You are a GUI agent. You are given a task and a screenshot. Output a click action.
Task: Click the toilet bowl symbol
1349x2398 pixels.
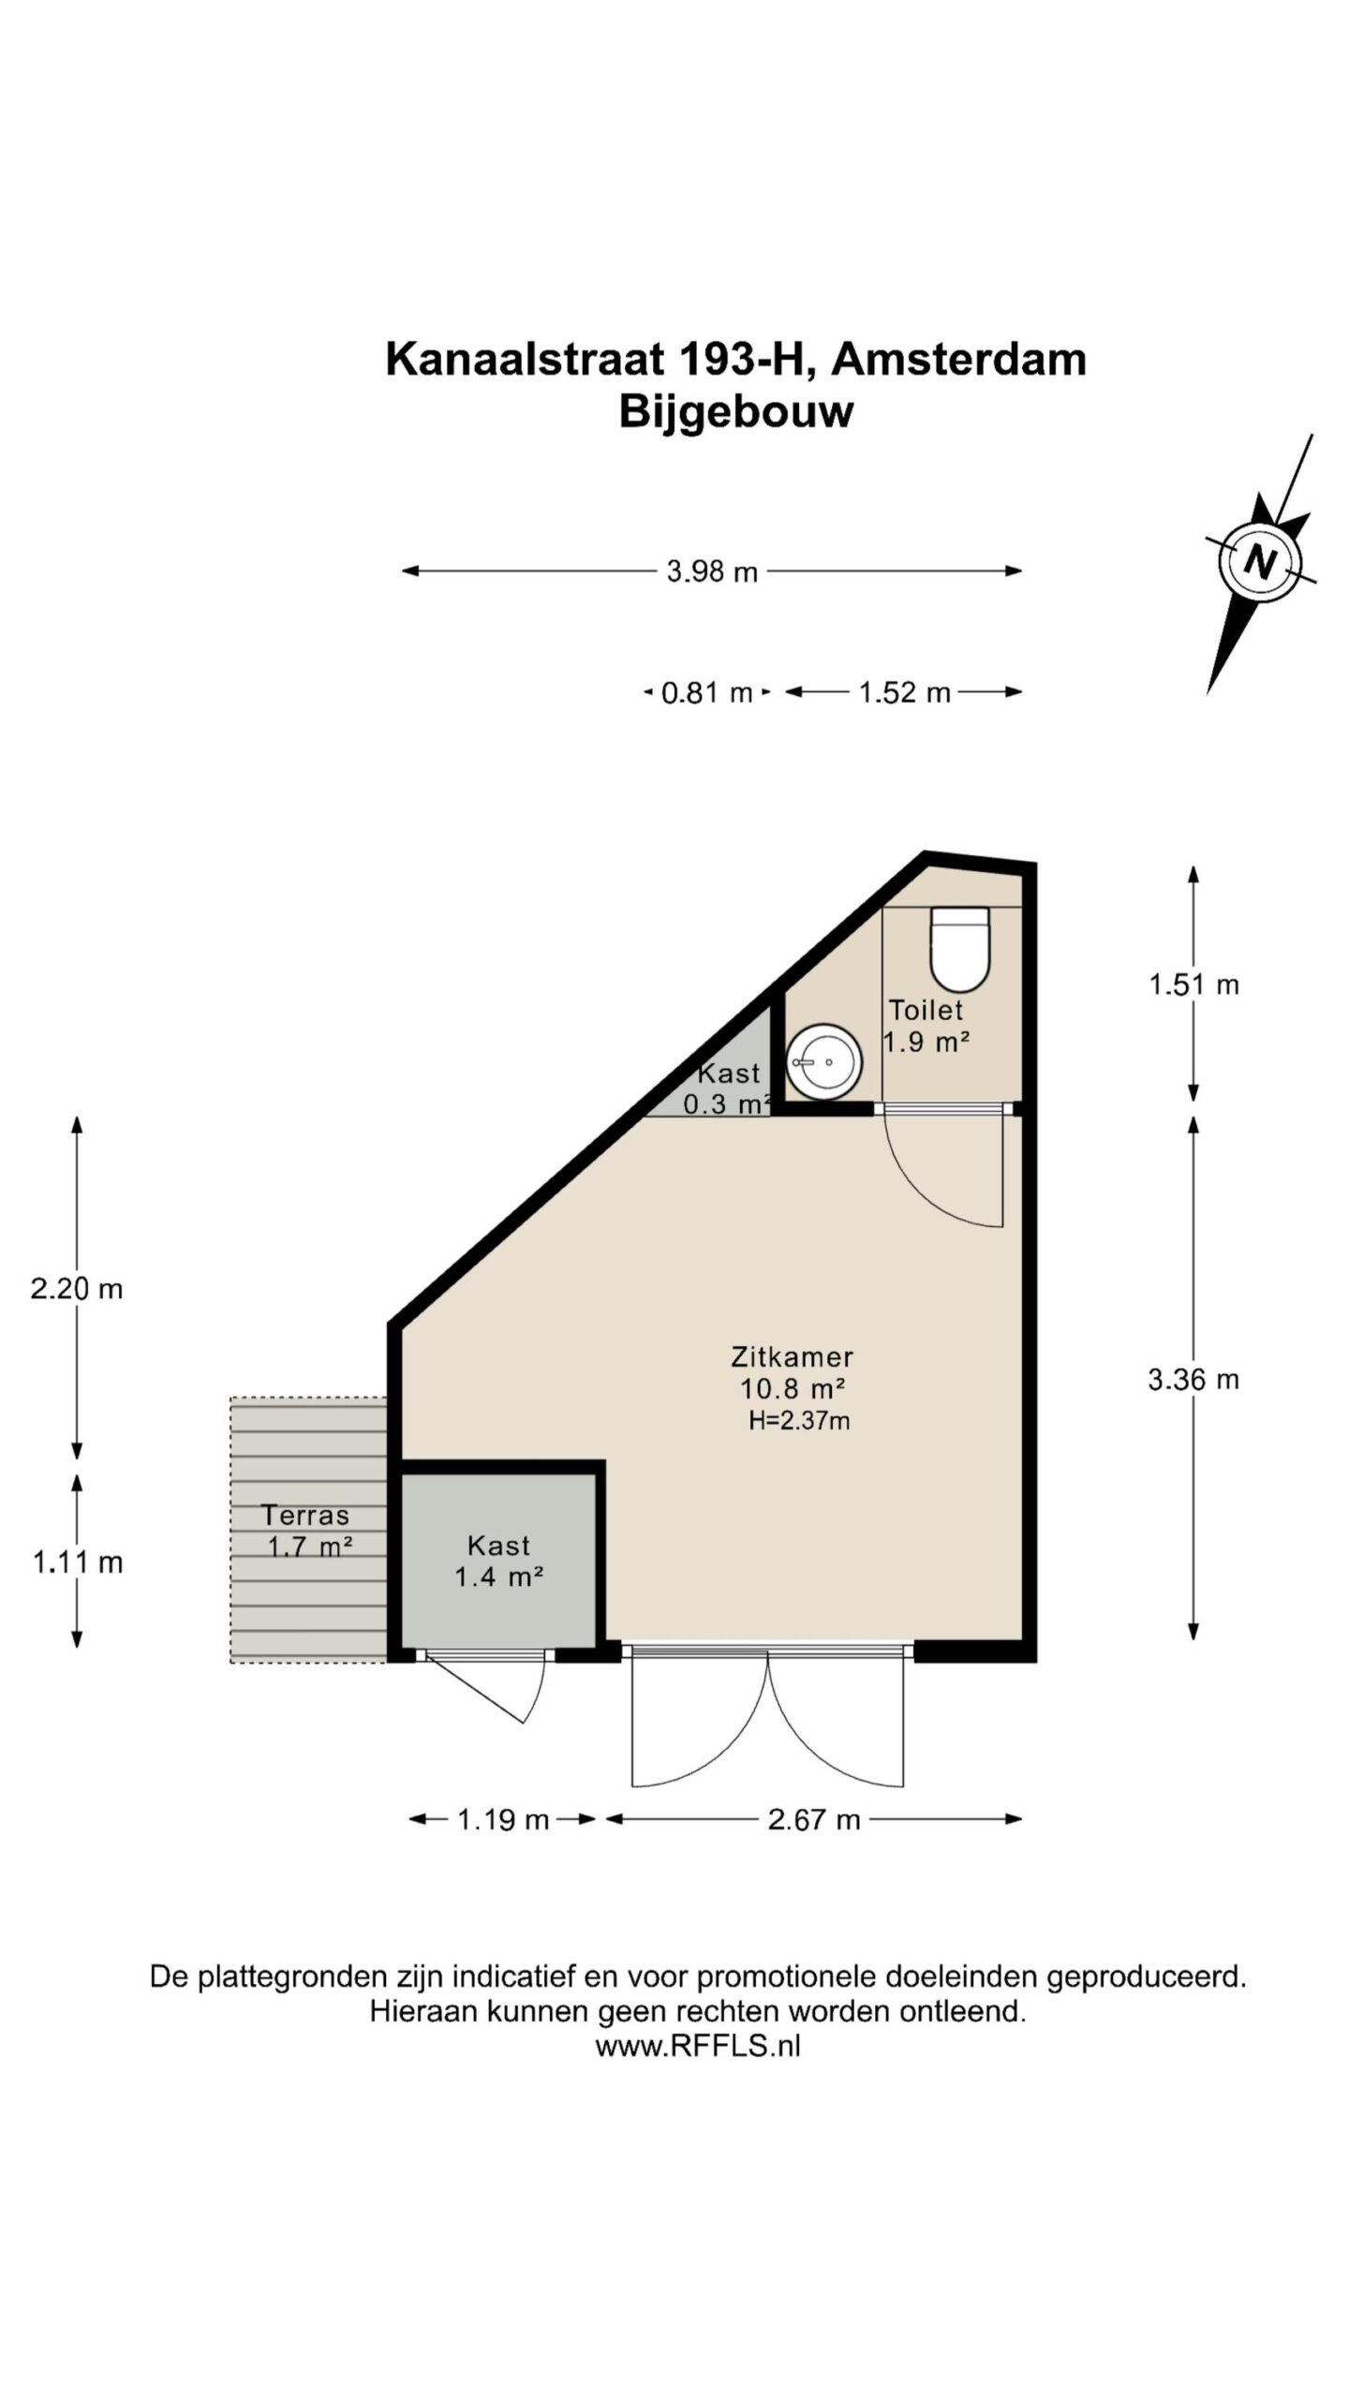pos(959,948)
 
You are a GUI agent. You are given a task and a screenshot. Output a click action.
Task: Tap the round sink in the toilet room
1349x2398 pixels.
pos(823,1061)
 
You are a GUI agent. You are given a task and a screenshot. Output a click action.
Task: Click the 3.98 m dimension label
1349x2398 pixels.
pos(712,571)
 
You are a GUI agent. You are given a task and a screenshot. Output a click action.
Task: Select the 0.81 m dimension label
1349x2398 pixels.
pos(707,693)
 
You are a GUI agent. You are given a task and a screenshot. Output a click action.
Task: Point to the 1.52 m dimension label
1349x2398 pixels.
pos(905,693)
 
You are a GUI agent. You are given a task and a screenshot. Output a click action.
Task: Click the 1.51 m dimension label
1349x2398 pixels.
pos(1194,984)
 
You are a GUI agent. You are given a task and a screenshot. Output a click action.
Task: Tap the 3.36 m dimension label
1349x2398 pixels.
pos(1193,1379)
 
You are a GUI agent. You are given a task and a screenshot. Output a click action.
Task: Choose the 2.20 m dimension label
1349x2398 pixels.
pos(77,1289)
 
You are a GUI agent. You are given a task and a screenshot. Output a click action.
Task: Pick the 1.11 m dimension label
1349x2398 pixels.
pos(78,1562)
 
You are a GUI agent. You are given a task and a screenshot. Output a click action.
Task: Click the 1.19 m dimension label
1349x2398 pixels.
pos(503,1820)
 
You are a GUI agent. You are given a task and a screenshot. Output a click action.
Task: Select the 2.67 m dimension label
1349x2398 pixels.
pos(814,1820)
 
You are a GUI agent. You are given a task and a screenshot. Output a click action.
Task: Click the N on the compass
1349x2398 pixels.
pos(1261,561)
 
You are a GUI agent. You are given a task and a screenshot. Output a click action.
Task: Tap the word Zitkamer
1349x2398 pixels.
pos(793,1356)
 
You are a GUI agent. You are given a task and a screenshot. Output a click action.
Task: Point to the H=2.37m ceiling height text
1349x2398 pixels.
pos(799,1421)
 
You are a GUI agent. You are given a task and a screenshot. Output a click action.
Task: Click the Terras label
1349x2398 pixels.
pos(305,1515)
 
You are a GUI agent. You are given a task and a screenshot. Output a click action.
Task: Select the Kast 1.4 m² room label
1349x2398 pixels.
pos(499,1561)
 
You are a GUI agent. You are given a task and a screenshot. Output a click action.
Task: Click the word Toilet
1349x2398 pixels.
pos(926,1010)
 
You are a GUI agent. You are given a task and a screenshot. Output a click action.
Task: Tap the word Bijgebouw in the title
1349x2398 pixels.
pos(736,412)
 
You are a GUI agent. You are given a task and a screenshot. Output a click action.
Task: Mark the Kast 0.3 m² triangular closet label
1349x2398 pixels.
pos(728,1088)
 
